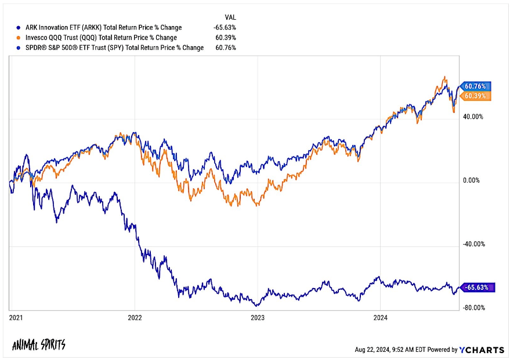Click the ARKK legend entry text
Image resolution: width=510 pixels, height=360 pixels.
point(103,28)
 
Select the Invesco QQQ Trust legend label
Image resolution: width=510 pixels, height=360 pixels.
point(101,38)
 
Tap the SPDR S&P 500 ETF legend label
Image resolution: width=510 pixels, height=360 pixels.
point(114,48)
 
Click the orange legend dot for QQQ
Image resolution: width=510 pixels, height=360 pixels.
point(19,38)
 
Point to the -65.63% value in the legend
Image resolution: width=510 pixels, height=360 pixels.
point(225,28)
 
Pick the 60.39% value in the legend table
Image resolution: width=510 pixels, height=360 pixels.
point(226,38)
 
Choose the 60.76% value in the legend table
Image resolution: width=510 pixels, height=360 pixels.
point(226,48)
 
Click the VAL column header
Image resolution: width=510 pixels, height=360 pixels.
point(230,17)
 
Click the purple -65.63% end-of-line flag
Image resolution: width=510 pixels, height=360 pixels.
point(476,288)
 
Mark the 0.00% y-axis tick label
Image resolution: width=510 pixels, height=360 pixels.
point(471,180)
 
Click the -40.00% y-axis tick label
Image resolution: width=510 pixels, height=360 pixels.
point(474,244)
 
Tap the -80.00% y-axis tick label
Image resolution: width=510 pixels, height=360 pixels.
point(474,308)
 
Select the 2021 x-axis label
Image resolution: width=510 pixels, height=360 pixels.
point(16,318)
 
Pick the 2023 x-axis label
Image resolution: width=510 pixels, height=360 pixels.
point(258,318)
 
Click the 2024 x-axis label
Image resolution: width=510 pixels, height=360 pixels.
point(381,318)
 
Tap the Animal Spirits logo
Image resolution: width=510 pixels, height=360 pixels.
point(39,345)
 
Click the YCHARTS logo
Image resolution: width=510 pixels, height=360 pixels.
point(482,350)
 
